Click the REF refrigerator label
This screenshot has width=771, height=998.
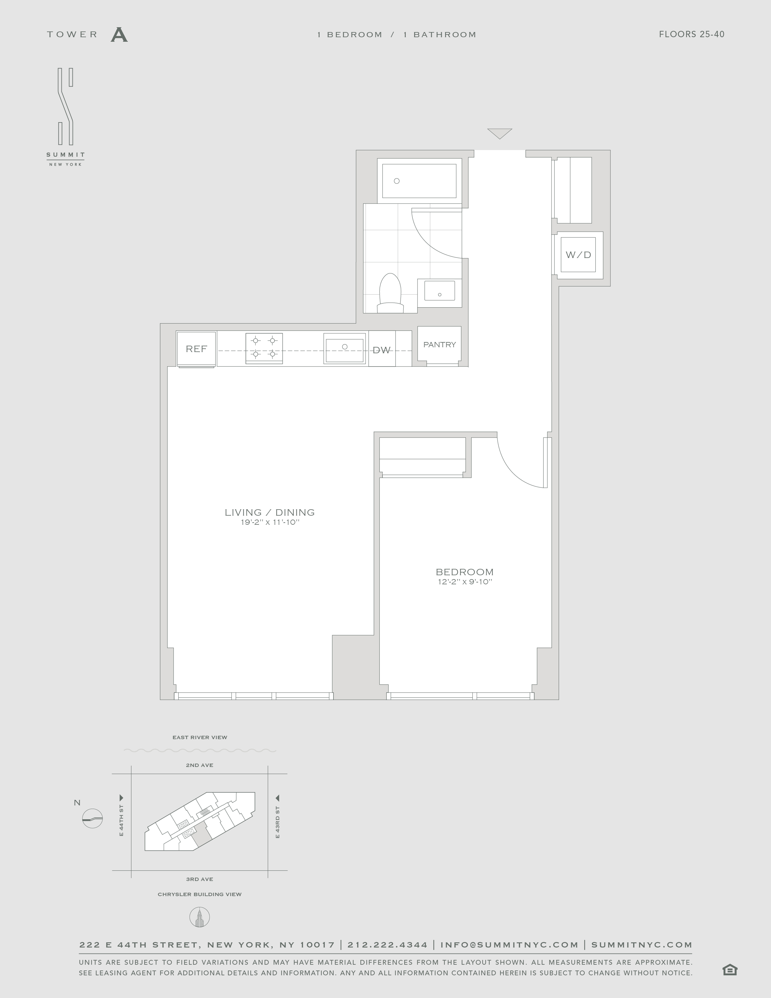[x=197, y=349]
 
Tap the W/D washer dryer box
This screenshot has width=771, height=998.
[x=578, y=255]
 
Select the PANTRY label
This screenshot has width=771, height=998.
[x=439, y=344]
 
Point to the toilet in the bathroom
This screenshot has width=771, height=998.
[x=390, y=293]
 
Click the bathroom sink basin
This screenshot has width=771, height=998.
[x=439, y=291]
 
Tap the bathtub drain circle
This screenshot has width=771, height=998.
[x=396, y=181]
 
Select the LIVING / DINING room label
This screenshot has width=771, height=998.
[x=269, y=512]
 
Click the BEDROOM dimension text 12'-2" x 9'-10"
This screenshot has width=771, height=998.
[x=464, y=582]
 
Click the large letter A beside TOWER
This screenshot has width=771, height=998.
[x=119, y=35]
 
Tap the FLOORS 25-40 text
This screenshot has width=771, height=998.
[x=691, y=34]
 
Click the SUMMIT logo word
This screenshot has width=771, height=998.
[x=65, y=155]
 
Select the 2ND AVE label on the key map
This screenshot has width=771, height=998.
[x=200, y=765]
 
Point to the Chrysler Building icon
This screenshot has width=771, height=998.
[x=200, y=917]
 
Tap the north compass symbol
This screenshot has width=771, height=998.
[x=92, y=818]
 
